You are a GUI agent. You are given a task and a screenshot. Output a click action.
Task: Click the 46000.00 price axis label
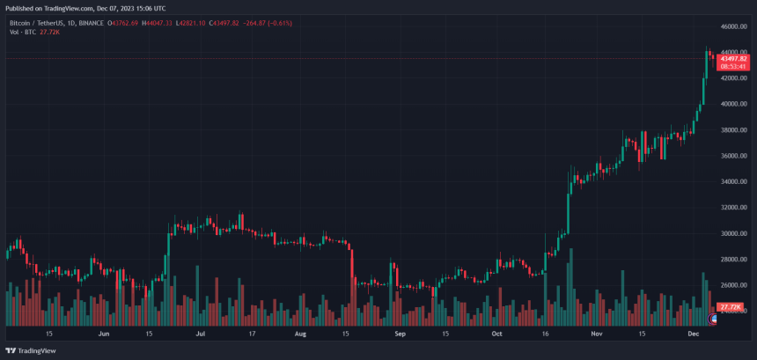733,27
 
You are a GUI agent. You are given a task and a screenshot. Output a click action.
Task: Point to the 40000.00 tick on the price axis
733,104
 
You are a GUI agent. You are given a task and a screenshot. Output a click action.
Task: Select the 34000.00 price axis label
733,182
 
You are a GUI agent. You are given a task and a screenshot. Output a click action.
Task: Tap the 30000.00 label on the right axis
733,234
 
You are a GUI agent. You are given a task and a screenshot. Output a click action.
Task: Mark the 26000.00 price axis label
733,285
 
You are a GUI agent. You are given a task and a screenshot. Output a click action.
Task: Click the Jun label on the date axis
104,334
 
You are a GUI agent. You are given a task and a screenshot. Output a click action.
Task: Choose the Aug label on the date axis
300,334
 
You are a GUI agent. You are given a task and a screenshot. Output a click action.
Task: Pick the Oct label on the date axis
496,334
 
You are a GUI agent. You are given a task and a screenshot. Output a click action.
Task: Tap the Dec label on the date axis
694,334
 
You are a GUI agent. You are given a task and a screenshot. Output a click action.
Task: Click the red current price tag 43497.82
733,58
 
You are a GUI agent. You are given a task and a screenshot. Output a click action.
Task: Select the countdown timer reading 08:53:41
733,66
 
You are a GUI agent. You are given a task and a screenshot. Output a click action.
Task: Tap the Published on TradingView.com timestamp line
84,7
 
